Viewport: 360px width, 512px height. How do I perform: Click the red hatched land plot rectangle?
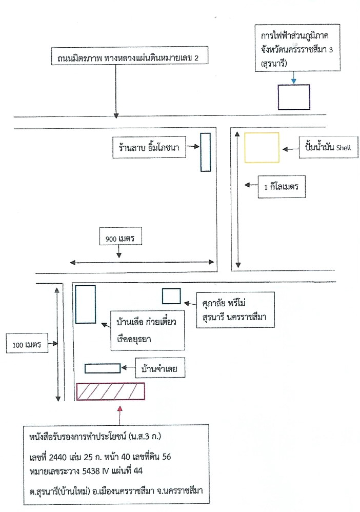pyautogui.click(x=111, y=391)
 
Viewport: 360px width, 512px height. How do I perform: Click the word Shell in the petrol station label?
pyautogui.click(x=344, y=148)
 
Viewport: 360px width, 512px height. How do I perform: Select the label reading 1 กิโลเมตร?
pyautogui.click(x=282, y=187)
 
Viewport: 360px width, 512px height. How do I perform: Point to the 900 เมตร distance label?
pyautogui.click(x=120, y=239)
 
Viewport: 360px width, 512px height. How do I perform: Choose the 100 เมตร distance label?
pyautogui.click(x=27, y=344)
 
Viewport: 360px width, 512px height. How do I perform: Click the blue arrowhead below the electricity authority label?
pyautogui.click(x=294, y=81)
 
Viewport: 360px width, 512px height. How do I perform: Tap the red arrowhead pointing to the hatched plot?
pyautogui.click(x=120, y=408)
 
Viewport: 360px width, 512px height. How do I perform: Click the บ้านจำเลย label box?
pyautogui.click(x=160, y=368)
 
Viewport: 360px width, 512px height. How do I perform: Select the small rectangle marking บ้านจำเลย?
pyautogui.click(x=103, y=368)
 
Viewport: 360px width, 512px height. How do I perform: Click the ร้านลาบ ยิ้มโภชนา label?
pyautogui.click(x=149, y=147)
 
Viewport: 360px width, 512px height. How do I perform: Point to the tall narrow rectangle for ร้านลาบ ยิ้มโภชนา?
pyautogui.click(x=205, y=152)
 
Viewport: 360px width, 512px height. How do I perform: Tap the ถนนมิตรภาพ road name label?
pyautogui.click(x=130, y=56)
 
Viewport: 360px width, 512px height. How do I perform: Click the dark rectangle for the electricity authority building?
pyautogui.click(x=294, y=97)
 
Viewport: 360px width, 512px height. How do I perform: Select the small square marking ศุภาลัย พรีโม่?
pyautogui.click(x=171, y=296)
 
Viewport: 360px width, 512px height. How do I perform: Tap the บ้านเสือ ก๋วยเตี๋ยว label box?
pyautogui.click(x=148, y=330)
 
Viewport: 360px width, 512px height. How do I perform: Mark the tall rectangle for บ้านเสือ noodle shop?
pyautogui.click(x=86, y=304)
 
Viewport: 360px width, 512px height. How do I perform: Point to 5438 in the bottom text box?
pyautogui.click(x=91, y=470)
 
